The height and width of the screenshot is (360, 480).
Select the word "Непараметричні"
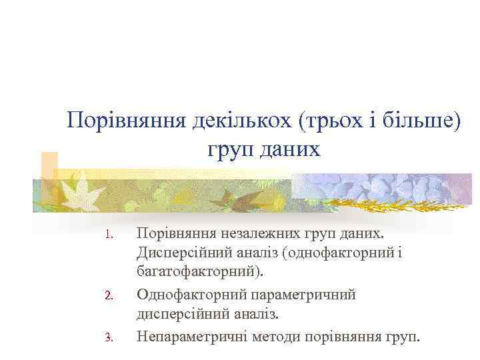coord(193,335)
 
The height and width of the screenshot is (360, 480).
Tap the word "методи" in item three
coord(277,335)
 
